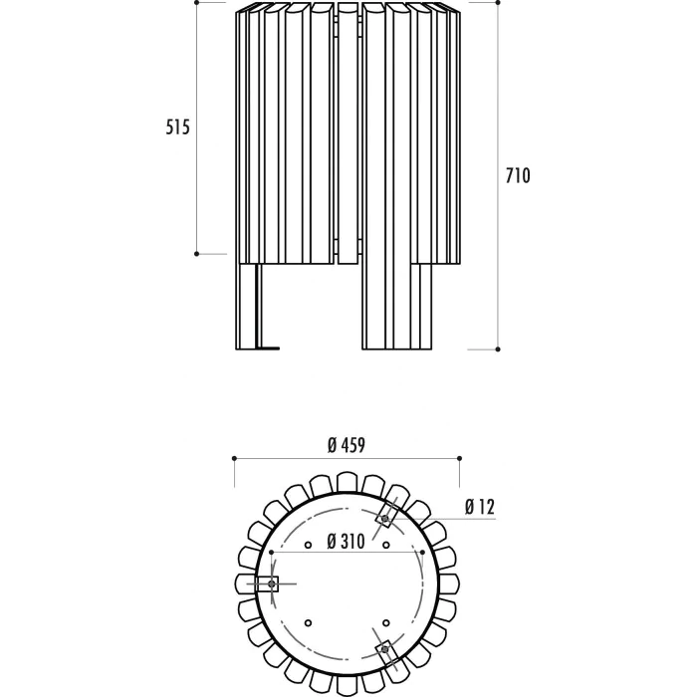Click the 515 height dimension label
click(178, 127)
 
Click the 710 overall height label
click(518, 176)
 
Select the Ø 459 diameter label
click(347, 445)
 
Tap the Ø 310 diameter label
click(346, 542)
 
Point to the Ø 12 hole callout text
click(480, 507)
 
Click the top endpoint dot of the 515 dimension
click(197, 2)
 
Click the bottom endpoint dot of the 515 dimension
click(197, 254)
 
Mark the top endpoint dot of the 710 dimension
click(498, 2)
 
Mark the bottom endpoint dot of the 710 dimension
click(498, 349)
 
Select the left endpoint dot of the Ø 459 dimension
click(234, 458)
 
